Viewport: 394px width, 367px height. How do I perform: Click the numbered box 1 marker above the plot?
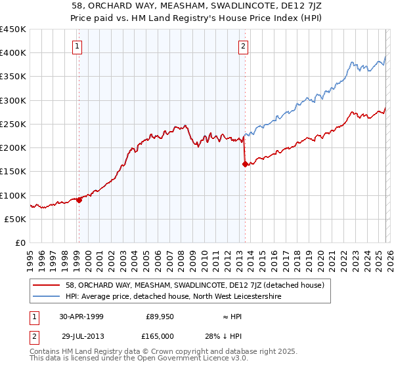(78, 46)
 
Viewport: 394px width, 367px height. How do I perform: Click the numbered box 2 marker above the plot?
(244, 46)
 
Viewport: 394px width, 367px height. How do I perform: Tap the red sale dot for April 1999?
(79, 200)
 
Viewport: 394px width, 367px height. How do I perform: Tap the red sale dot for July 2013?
(245, 164)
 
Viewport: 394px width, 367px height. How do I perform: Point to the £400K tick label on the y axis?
(13, 53)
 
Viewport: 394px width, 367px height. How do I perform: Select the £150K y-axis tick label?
(13, 172)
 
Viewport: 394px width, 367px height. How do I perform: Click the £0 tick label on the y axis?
(20, 243)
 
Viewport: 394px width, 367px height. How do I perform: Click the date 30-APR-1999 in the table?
(81, 317)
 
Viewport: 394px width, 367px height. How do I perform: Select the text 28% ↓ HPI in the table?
(227, 336)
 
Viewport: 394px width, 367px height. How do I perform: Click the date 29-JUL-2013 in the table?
(81, 336)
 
